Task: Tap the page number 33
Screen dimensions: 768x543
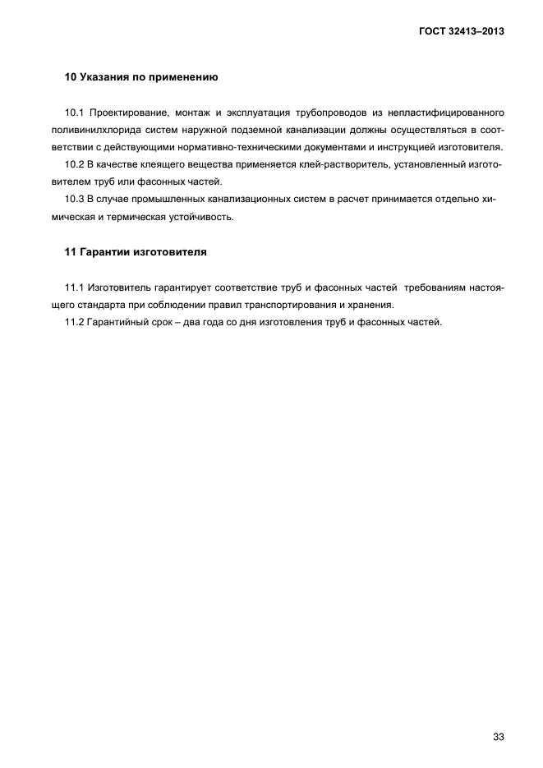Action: point(499,714)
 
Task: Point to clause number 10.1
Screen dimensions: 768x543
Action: point(75,112)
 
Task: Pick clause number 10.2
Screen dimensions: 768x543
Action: point(75,164)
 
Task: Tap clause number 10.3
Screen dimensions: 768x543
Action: point(75,199)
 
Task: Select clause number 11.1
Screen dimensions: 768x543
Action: point(75,287)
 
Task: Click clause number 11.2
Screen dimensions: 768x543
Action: point(75,321)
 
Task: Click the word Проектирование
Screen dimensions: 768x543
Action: point(128,112)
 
